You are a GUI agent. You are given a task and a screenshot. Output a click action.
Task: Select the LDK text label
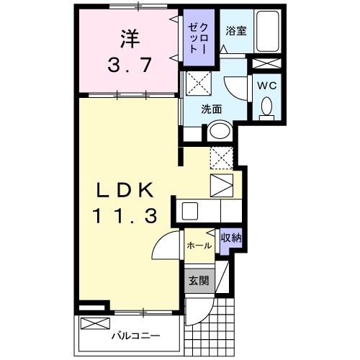[126, 189]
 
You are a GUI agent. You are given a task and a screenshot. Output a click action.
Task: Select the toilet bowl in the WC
[266, 108]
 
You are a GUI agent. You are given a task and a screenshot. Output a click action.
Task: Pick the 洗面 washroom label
[211, 109]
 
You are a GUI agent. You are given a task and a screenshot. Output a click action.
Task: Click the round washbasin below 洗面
[219, 132]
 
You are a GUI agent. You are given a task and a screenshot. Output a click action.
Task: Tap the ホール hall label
[199, 246]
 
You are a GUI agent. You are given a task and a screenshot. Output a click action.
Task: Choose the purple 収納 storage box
[230, 238]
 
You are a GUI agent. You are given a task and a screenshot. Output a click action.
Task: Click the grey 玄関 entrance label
[198, 281]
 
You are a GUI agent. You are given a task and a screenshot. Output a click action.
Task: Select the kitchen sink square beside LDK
[190, 211]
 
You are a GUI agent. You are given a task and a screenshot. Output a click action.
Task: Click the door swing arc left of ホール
[164, 249]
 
